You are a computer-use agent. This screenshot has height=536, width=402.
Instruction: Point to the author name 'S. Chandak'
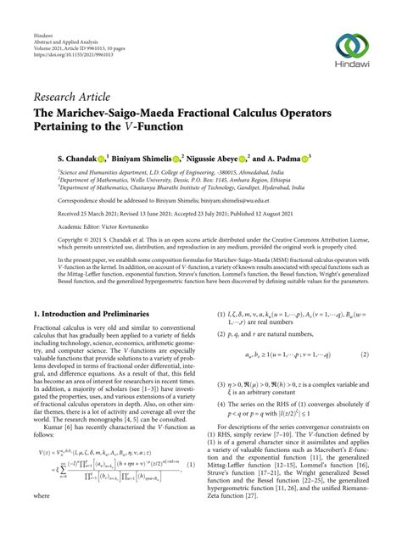[55, 159]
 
